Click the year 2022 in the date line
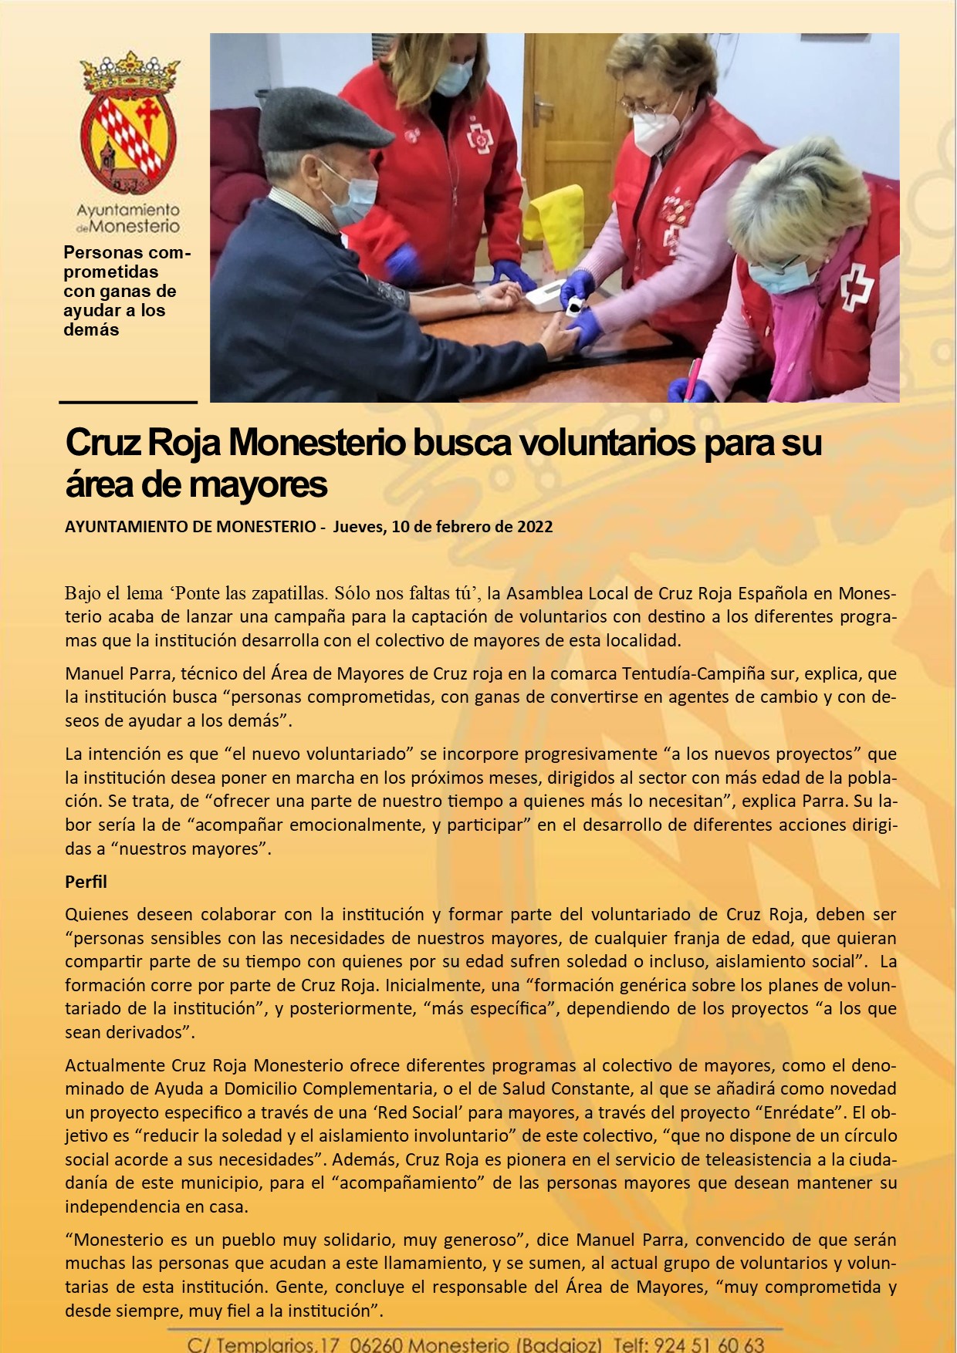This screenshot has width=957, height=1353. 535,527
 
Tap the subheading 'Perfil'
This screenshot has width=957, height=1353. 86,882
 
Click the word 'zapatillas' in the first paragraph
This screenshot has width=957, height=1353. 290,593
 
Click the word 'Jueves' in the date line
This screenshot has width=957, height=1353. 358,527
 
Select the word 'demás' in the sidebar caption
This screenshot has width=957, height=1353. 91,329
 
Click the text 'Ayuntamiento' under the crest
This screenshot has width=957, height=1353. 128,210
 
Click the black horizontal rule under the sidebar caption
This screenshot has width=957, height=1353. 128,402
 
